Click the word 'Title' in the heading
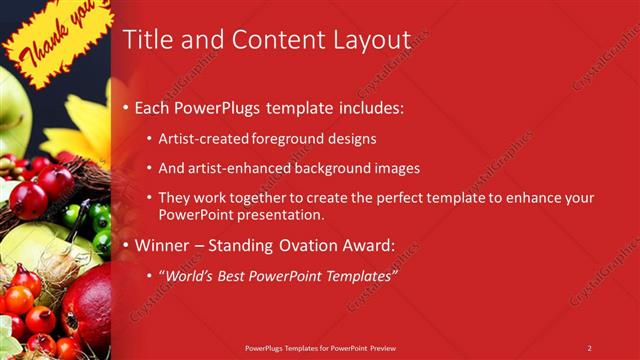pyautogui.click(x=145, y=40)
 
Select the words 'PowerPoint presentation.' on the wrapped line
pyautogui.click(x=241, y=214)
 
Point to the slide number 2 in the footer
pyautogui.click(x=589, y=347)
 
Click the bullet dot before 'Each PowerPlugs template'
pyautogui.click(x=124, y=108)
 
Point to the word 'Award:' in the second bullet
pyautogui.click(x=370, y=245)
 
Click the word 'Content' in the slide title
pyautogui.click(x=271, y=40)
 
